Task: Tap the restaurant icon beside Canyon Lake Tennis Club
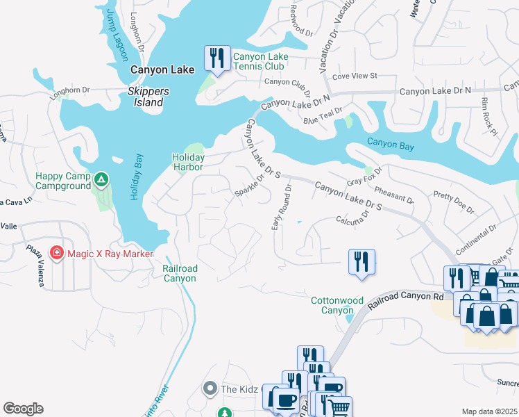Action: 217,58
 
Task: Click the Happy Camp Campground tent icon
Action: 101,181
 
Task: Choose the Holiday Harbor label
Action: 187,162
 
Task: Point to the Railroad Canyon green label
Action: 180,273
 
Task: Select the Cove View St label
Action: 355,75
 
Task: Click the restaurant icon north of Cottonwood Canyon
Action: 361,262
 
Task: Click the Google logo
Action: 23,409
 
